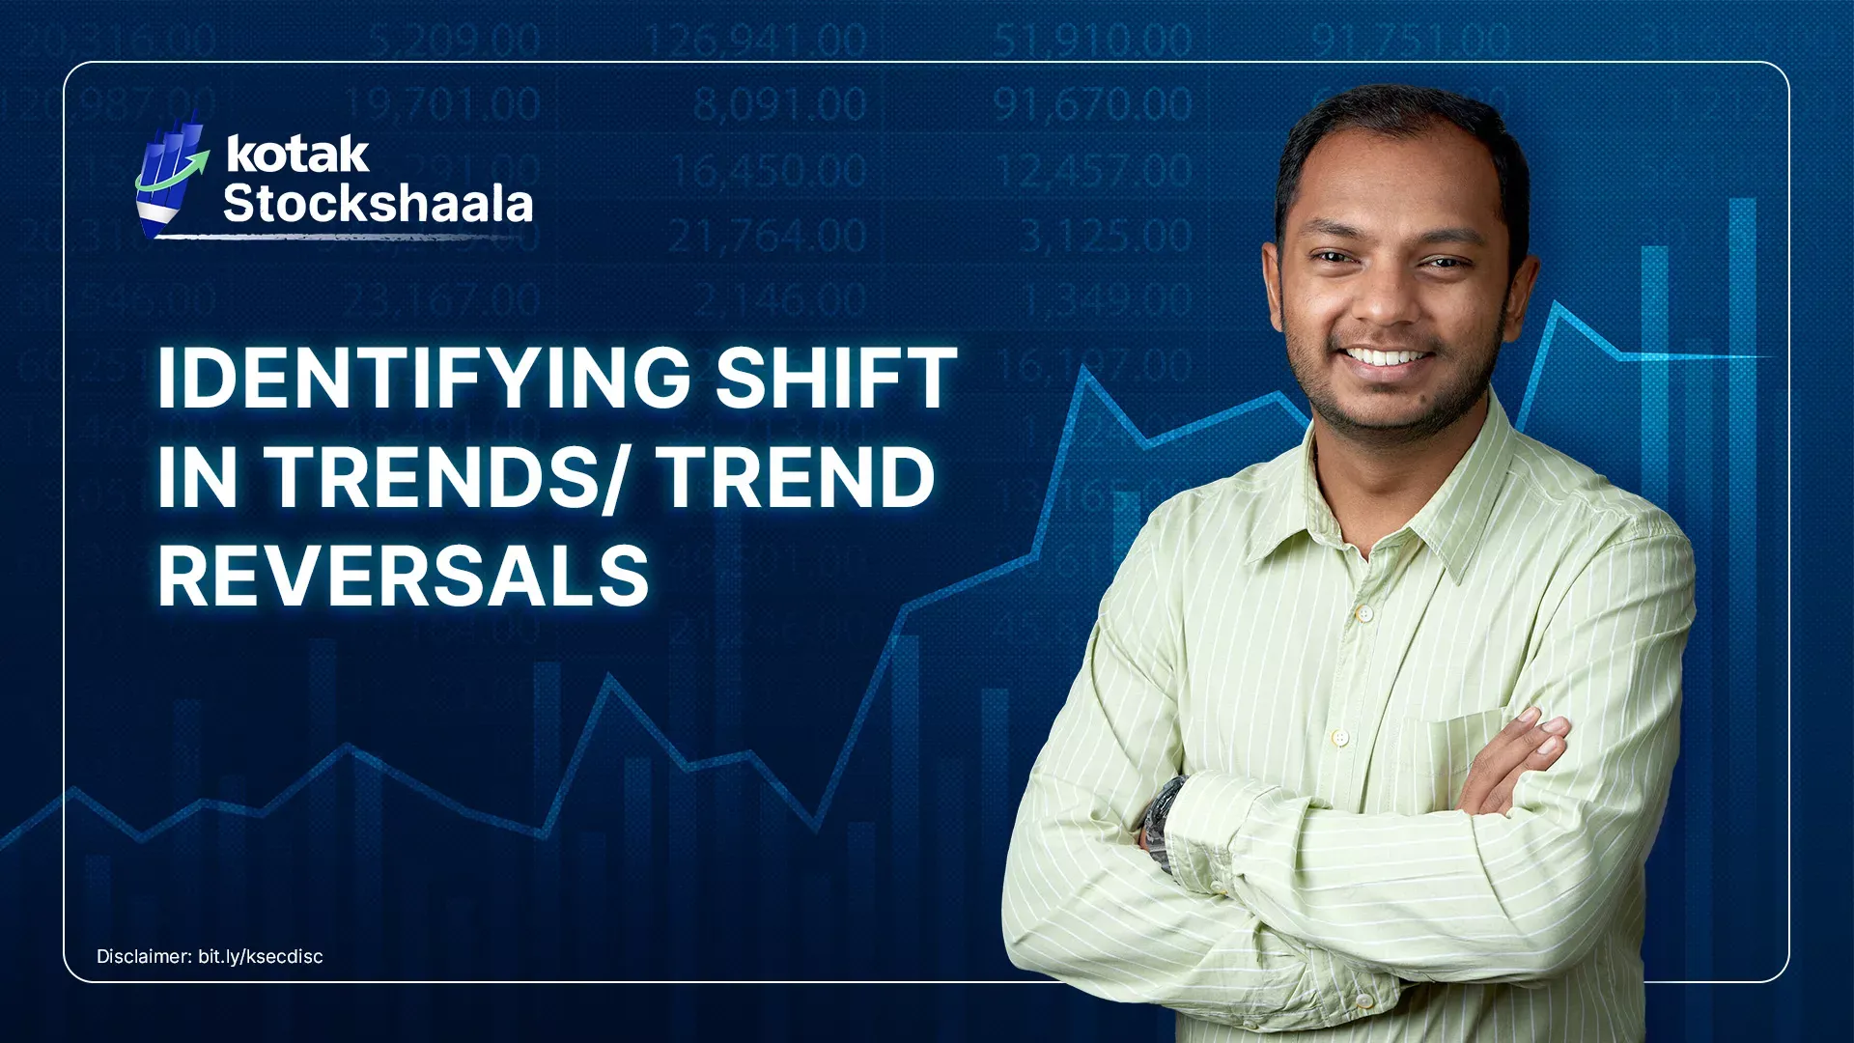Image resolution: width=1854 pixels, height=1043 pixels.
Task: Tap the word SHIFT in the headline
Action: (x=836, y=378)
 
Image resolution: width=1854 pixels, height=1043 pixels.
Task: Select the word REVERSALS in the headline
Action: (x=404, y=577)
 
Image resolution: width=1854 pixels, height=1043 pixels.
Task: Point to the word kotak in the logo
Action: (x=297, y=155)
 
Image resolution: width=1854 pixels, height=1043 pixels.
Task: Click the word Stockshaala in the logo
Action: (x=378, y=204)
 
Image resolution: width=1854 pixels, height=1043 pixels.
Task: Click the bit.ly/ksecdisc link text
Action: (x=261, y=956)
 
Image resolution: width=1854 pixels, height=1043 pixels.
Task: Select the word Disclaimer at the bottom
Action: (x=144, y=956)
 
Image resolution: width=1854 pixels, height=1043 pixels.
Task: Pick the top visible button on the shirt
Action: (x=1363, y=613)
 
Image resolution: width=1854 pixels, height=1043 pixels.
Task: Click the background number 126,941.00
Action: (x=756, y=41)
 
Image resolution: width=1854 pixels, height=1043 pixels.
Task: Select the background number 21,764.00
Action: (x=768, y=236)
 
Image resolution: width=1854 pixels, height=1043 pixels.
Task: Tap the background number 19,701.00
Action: (x=442, y=104)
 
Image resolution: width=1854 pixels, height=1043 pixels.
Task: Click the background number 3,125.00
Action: (x=1107, y=236)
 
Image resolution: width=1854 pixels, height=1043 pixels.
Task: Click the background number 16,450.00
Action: (x=768, y=171)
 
